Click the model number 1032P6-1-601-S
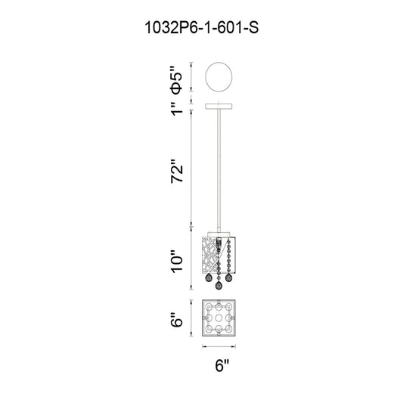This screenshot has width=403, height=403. (202, 27)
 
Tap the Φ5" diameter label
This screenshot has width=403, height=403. (176, 79)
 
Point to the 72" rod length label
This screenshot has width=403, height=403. (177, 171)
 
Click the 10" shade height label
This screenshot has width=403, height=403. (177, 261)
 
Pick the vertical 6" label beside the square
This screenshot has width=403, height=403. (177, 320)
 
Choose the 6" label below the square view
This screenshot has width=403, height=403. (222, 365)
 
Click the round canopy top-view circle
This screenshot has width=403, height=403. (219, 76)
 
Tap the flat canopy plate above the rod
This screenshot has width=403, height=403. (219, 106)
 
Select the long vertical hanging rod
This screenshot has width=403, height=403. (219, 170)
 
